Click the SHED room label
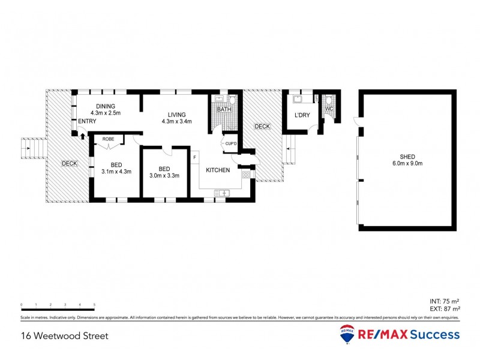(x=403, y=157)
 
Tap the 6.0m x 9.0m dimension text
(x=403, y=164)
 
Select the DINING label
(x=106, y=106)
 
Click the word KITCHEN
(x=218, y=170)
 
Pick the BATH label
(x=224, y=110)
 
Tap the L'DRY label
(x=301, y=115)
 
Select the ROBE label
(x=108, y=139)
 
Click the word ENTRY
(x=87, y=122)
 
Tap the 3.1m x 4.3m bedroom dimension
(x=116, y=172)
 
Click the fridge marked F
(x=195, y=158)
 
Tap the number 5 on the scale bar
(x=94, y=305)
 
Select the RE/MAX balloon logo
(x=346, y=335)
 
